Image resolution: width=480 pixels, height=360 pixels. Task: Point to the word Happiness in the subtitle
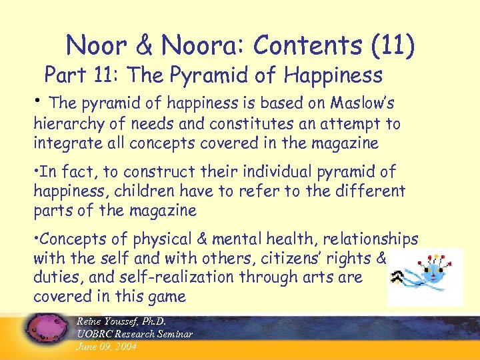[x=333, y=75]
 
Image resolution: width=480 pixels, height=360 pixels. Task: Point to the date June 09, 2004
[x=107, y=346]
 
